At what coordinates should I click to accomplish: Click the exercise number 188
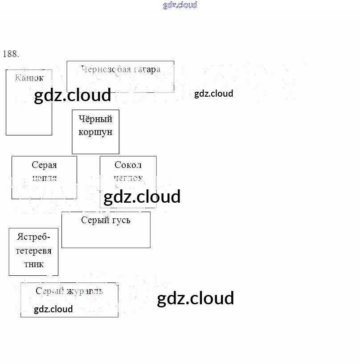(x=11, y=54)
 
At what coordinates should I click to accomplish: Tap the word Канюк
(x=29, y=78)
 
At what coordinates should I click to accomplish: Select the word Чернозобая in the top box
(x=106, y=69)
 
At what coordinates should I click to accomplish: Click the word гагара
(x=146, y=69)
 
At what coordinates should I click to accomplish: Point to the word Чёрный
(x=95, y=119)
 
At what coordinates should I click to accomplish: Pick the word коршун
(x=95, y=132)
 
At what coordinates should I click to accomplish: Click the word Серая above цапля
(x=44, y=165)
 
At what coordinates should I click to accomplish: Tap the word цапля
(x=44, y=178)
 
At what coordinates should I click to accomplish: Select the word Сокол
(x=128, y=165)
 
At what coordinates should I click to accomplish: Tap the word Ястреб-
(x=33, y=237)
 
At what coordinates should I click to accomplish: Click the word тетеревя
(x=33, y=250)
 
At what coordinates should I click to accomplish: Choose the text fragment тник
(x=33, y=264)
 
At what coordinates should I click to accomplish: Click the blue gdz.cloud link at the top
(x=180, y=5)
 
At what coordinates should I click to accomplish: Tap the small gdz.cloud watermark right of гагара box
(x=213, y=94)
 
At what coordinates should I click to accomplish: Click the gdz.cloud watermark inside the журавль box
(x=53, y=309)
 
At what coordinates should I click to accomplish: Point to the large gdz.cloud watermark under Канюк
(x=72, y=95)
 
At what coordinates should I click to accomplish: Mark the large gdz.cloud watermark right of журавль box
(x=195, y=299)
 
